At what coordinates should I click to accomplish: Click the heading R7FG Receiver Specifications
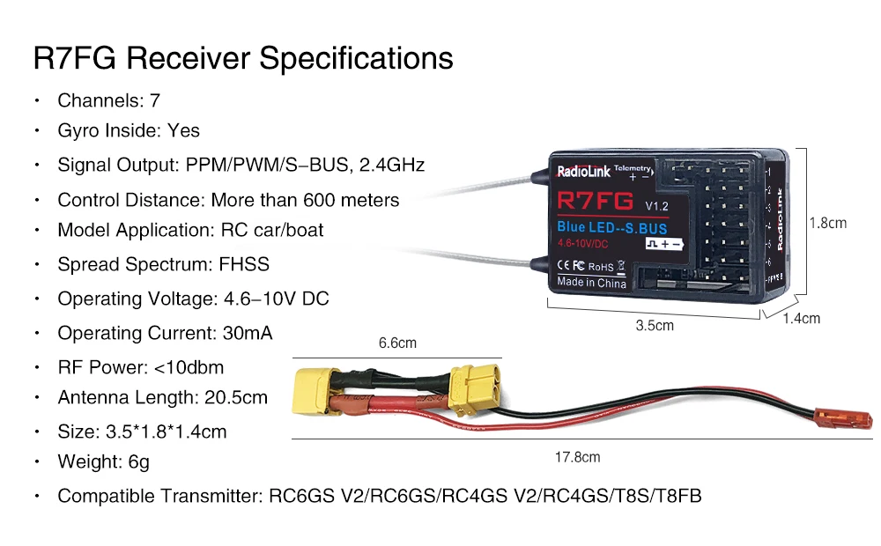(x=243, y=58)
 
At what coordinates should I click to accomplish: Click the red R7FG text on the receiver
(x=595, y=202)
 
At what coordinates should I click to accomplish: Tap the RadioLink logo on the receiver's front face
(x=583, y=172)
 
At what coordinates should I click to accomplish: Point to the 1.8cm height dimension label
(x=827, y=223)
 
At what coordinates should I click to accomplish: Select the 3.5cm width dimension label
(x=655, y=326)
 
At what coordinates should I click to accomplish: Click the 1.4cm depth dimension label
(x=801, y=318)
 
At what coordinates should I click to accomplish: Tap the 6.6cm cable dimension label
(x=397, y=343)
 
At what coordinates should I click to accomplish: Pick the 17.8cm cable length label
(x=577, y=457)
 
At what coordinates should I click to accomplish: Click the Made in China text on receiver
(x=591, y=283)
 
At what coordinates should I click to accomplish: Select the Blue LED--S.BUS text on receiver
(x=611, y=227)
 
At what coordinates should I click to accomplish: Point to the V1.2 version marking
(x=657, y=206)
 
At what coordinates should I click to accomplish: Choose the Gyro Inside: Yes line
(x=129, y=130)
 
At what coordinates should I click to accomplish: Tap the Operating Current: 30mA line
(x=165, y=333)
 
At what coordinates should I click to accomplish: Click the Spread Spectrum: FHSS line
(x=163, y=264)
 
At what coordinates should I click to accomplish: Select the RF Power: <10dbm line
(x=140, y=366)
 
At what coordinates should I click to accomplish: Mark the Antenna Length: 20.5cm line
(x=162, y=397)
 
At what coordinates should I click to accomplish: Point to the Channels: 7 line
(x=108, y=100)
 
